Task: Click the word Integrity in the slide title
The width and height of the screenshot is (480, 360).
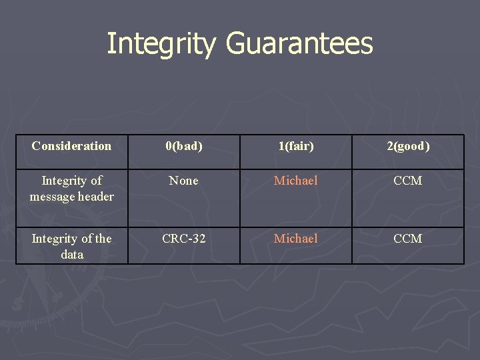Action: (162, 44)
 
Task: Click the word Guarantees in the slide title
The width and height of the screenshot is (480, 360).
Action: (299, 44)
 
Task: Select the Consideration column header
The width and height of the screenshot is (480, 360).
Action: (71, 146)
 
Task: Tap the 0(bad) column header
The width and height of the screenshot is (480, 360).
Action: (184, 146)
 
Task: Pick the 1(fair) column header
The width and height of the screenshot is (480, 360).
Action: (296, 146)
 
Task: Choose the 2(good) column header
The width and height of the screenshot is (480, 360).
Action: (408, 146)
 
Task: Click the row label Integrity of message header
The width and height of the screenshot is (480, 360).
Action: (71, 188)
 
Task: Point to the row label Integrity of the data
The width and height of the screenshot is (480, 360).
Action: (71, 246)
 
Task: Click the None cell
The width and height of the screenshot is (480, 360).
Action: (184, 181)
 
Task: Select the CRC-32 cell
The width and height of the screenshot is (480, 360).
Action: (184, 239)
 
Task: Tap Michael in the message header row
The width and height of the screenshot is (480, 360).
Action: (296, 181)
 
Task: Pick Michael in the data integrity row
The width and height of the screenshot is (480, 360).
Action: (296, 239)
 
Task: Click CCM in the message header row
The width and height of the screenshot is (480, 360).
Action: (408, 181)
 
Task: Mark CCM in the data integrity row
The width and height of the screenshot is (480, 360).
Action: (408, 239)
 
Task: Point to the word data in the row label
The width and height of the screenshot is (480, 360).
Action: (72, 255)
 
